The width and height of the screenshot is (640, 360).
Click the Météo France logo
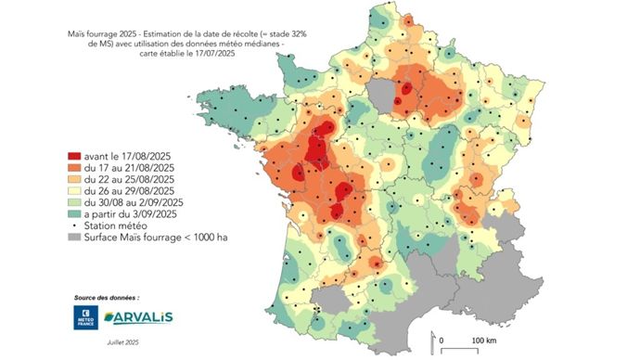[86, 319]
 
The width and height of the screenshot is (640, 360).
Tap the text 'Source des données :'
[108, 298]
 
